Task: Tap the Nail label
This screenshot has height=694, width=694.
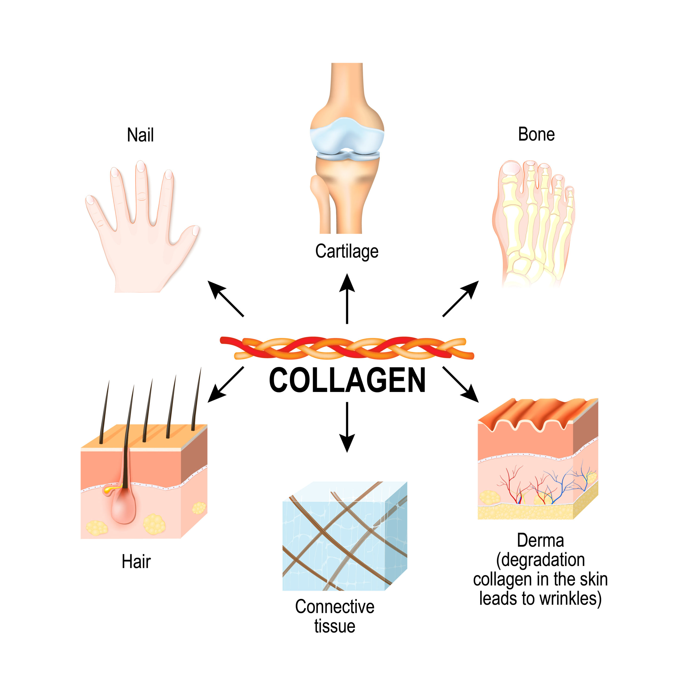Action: coord(140,136)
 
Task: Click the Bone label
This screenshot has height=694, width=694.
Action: coord(536,135)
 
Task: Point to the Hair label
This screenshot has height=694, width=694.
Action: coord(136,561)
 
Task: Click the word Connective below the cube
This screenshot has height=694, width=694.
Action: coord(335,607)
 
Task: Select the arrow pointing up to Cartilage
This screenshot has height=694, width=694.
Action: coord(347,298)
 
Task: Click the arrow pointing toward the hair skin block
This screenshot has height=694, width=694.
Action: coord(226,384)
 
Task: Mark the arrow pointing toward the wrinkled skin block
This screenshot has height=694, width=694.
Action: coord(461,384)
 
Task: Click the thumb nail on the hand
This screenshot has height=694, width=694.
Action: coord(195,230)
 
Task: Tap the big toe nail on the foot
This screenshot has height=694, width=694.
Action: coord(510,168)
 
